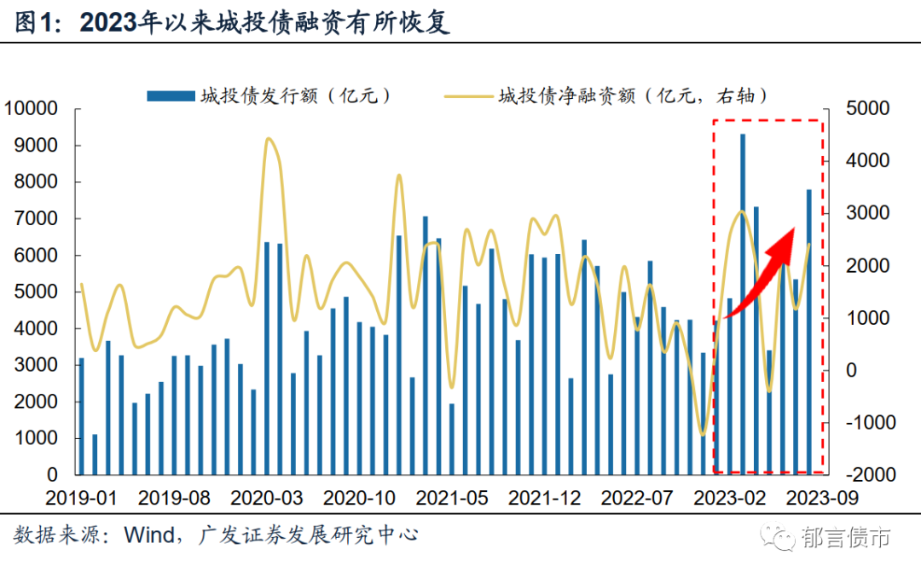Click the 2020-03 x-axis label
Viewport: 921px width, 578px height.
[x=266, y=497]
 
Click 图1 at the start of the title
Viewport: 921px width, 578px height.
[x=34, y=23]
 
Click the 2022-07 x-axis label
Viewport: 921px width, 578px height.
[x=635, y=497]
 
